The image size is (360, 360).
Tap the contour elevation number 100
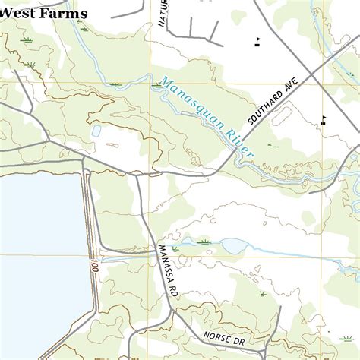click(93, 267)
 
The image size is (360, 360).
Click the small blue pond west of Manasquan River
click(96, 131)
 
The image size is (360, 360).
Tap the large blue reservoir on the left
click(38, 243)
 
